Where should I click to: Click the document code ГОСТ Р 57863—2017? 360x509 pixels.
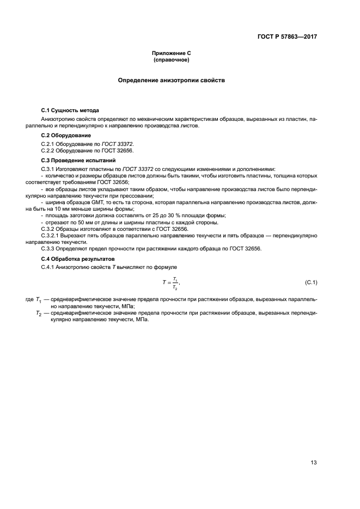[287, 38]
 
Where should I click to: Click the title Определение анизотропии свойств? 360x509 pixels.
[172, 80]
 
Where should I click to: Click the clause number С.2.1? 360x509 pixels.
[50, 143]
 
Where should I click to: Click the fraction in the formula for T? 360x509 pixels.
[175, 281]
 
